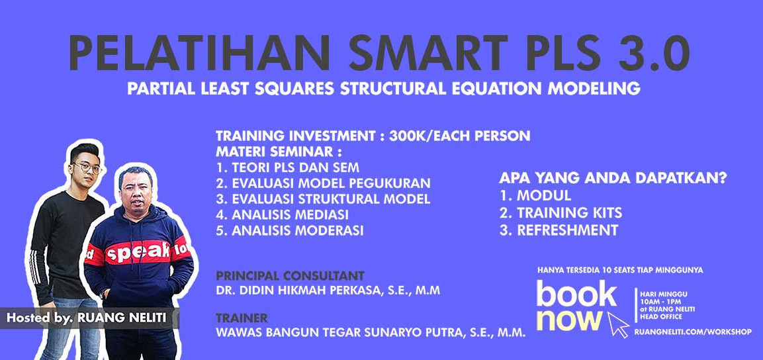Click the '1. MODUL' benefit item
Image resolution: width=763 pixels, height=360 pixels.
click(x=535, y=196)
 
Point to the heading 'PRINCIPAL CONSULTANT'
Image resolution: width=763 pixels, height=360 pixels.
click(x=291, y=275)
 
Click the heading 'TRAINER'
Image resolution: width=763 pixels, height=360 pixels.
click(x=242, y=318)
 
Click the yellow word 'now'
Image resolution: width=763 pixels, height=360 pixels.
click(x=569, y=320)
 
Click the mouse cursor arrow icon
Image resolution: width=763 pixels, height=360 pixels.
click(x=619, y=324)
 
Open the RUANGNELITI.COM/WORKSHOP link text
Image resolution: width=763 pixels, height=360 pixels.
click(x=693, y=332)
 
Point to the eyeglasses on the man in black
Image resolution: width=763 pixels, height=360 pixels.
click(x=87, y=168)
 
